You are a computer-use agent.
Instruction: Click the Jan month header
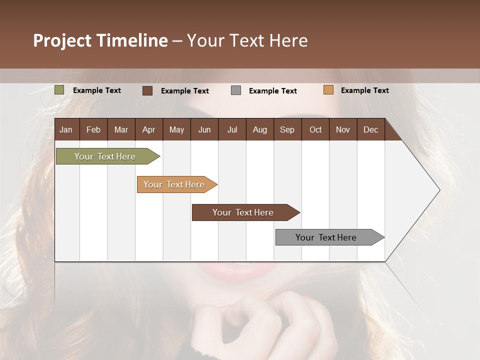click(x=66, y=129)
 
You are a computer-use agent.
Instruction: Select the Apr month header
click(x=148, y=129)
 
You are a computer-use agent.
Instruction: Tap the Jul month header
click(x=232, y=129)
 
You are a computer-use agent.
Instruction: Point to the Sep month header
click(x=287, y=129)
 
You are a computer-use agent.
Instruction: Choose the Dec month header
click(x=370, y=129)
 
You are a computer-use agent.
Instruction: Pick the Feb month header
click(x=93, y=129)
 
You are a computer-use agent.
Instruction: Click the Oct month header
click(x=315, y=129)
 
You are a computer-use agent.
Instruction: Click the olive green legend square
click(x=59, y=90)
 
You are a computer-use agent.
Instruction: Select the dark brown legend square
click(x=147, y=90)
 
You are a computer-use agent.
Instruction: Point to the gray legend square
click(x=236, y=90)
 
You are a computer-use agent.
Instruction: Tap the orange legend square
click(x=328, y=90)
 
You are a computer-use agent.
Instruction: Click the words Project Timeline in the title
click(x=100, y=40)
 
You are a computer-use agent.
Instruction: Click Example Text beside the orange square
click(x=364, y=90)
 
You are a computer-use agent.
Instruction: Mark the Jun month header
click(x=204, y=129)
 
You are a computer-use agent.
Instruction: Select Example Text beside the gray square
click(x=272, y=91)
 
